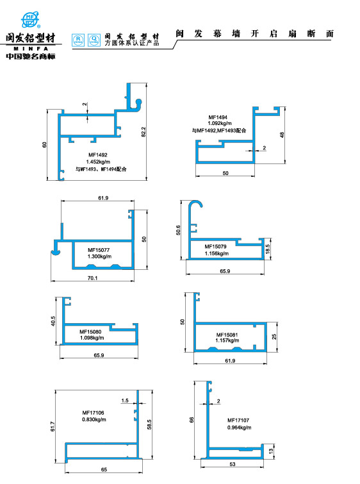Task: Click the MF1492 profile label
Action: click(98, 154)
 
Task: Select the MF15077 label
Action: click(99, 249)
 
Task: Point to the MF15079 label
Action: click(216, 246)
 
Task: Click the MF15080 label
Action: click(91, 331)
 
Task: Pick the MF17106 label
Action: click(94, 412)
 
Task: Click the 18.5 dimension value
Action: click(268, 248)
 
